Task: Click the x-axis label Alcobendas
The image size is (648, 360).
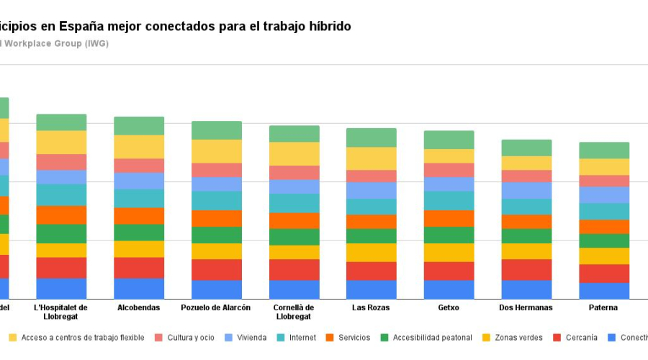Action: (139, 308)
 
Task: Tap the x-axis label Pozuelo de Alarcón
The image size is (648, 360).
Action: (216, 308)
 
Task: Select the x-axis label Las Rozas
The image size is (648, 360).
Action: (371, 308)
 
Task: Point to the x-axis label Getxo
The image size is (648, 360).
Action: (449, 308)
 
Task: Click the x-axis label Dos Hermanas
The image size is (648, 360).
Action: (526, 308)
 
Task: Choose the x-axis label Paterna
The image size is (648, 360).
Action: (603, 308)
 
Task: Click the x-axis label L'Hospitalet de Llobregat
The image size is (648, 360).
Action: (61, 312)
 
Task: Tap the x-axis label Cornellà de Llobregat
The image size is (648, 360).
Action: (294, 312)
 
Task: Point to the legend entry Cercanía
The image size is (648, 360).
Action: (581, 338)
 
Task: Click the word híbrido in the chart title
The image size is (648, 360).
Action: (329, 27)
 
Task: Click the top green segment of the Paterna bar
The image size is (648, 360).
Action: (604, 150)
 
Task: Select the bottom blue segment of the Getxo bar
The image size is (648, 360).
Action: (449, 289)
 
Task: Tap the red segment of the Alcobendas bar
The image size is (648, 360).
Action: (139, 268)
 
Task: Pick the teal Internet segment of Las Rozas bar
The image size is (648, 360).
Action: (371, 207)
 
